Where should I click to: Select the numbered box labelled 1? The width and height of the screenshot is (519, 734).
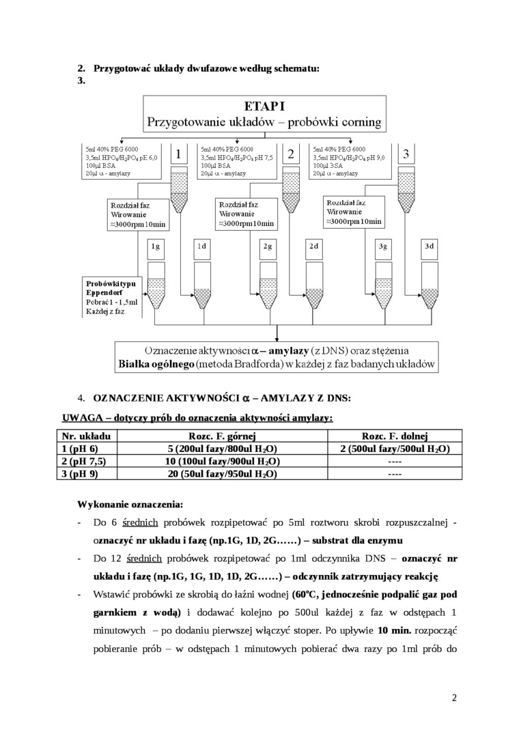pos(178,154)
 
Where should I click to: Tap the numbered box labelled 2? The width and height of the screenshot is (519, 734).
pos(291,154)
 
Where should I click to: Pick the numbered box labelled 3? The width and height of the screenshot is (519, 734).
pos(406,154)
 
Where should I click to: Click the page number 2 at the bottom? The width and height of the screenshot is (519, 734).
pos(454,698)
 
